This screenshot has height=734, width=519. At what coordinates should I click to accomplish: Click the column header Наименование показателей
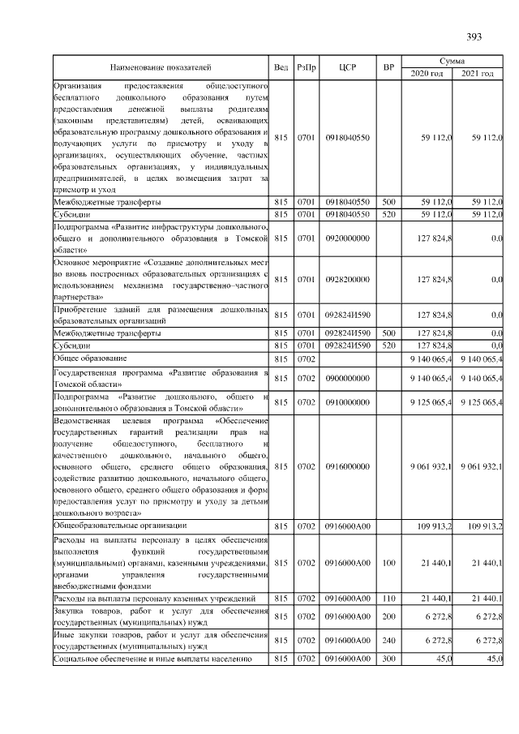(160, 67)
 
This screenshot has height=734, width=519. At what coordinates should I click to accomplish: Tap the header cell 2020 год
(427, 74)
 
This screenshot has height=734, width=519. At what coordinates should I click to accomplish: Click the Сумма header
(452, 61)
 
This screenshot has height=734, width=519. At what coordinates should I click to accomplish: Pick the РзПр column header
(307, 67)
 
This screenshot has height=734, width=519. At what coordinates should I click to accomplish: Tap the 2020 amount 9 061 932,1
(427, 466)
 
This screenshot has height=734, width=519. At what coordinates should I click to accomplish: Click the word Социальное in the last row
(79, 659)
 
